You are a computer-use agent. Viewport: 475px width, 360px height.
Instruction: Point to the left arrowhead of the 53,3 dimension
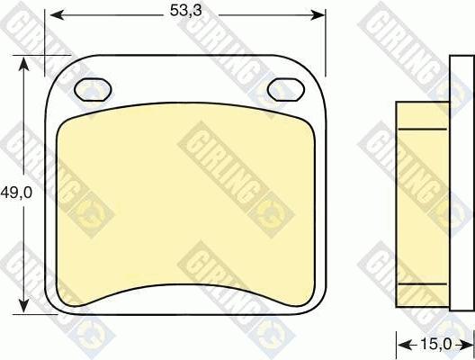click(53, 13)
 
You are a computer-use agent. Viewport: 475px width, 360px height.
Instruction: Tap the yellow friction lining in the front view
click(185, 207)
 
